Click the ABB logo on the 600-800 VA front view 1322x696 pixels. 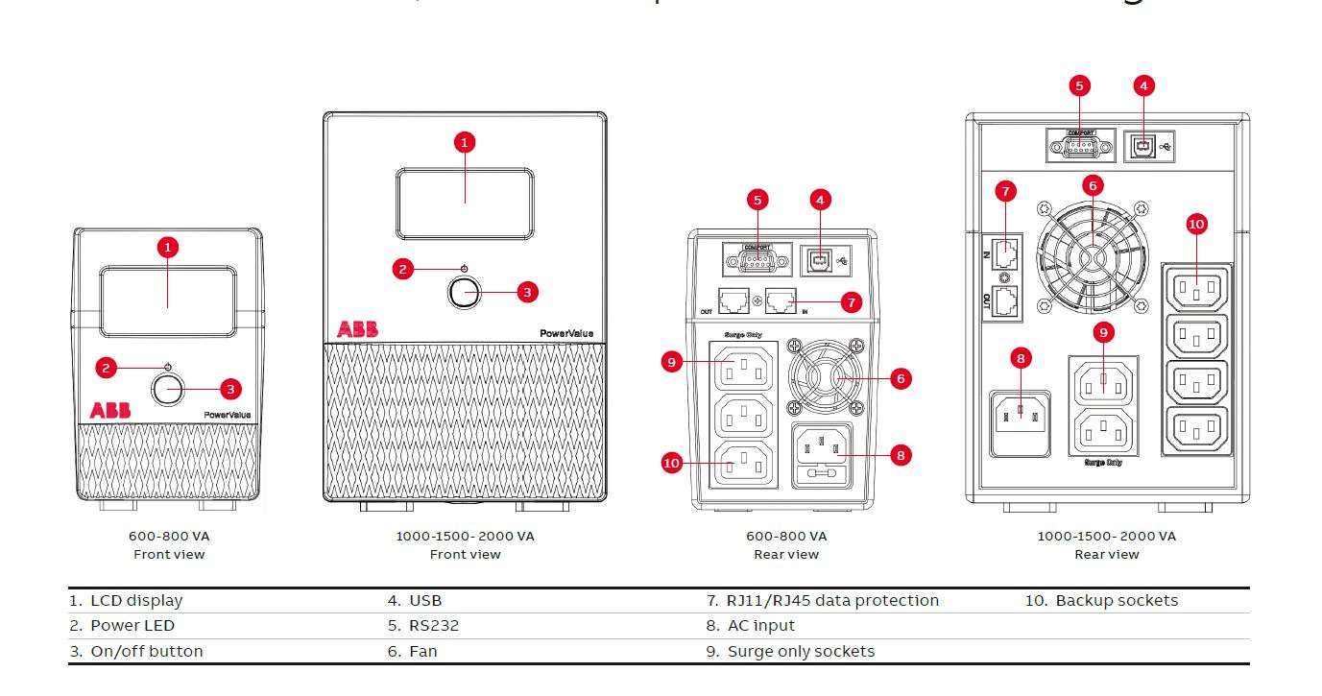(x=110, y=410)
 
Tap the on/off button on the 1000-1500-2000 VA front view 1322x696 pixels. (x=464, y=294)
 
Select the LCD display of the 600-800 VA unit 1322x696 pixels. (x=168, y=301)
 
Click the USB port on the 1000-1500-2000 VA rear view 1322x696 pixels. (x=1142, y=146)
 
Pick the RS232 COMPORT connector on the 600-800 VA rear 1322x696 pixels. (x=757, y=259)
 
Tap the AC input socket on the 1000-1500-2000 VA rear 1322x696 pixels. (x=1021, y=419)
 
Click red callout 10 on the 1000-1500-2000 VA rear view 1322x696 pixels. (x=1196, y=224)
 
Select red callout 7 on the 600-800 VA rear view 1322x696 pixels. (x=851, y=301)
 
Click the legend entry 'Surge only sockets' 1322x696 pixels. (x=801, y=652)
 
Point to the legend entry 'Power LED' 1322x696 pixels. (x=132, y=626)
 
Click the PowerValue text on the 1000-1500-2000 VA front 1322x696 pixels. (x=565, y=333)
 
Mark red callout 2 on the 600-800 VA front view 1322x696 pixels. (x=108, y=366)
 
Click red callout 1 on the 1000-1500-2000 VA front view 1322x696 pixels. (x=464, y=142)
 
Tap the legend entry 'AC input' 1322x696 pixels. (x=762, y=626)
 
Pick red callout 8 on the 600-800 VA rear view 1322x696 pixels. (x=900, y=455)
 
